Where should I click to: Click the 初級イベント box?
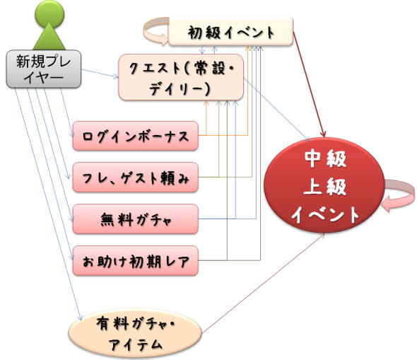click(x=231, y=31)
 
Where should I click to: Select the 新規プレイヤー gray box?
click(x=44, y=69)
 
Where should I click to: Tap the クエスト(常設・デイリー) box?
click(x=181, y=77)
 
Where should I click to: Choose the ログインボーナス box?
click(x=136, y=136)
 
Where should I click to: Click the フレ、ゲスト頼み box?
click(x=136, y=178)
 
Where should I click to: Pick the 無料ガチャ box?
click(x=136, y=219)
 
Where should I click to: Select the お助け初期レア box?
click(x=136, y=260)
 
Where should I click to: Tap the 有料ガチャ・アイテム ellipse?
click(x=136, y=334)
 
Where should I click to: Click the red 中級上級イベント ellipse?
click(x=324, y=185)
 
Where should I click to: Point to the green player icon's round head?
click(x=49, y=12)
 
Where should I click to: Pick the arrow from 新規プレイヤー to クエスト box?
click(x=100, y=74)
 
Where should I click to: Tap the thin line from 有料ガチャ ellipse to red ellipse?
click(x=264, y=284)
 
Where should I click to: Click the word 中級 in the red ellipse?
click(x=325, y=159)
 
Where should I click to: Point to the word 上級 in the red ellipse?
click(x=325, y=187)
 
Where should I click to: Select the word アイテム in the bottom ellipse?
click(x=136, y=344)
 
